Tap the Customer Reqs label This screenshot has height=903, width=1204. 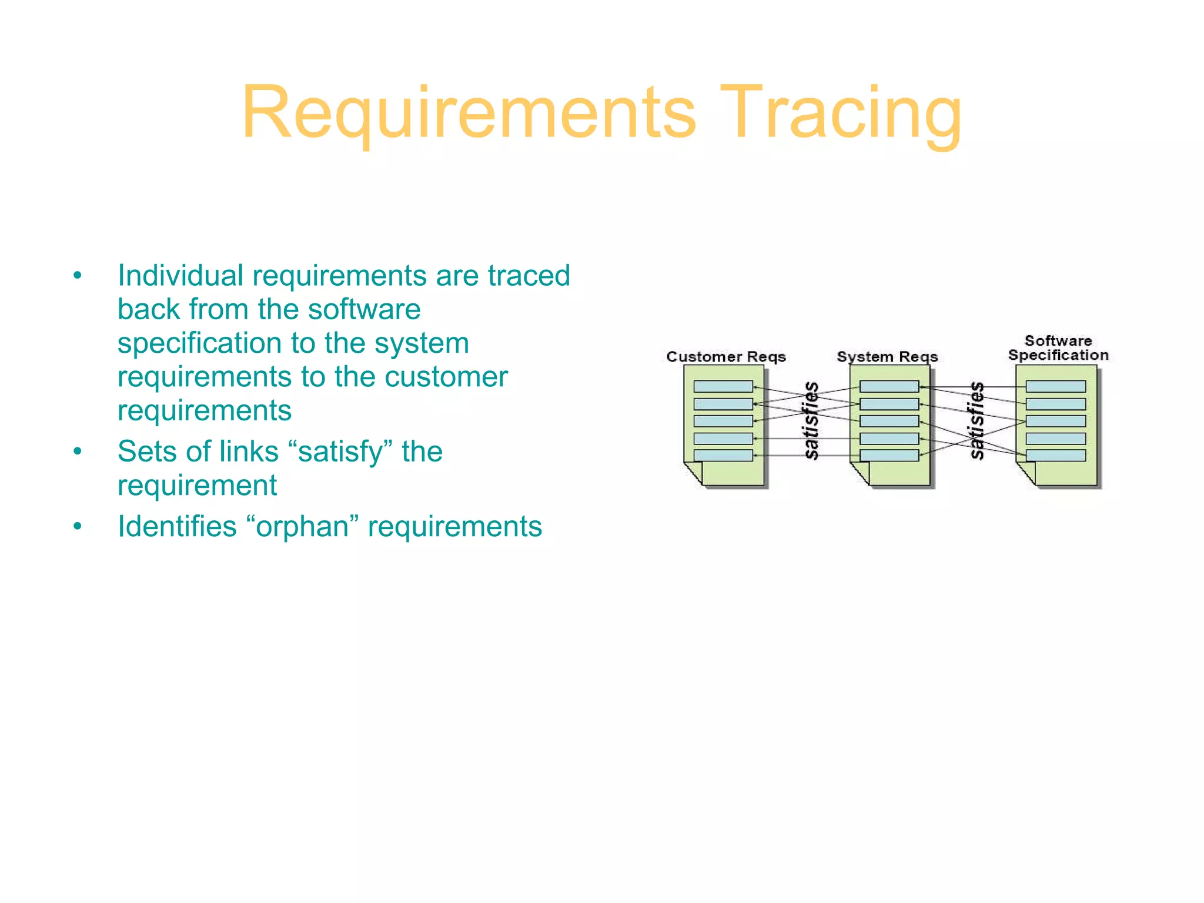point(725,357)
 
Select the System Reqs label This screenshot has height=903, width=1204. point(887,357)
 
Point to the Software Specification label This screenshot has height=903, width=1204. point(1058,348)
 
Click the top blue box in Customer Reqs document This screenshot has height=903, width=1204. point(723,386)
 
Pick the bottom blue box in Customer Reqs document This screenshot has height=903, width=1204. point(723,455)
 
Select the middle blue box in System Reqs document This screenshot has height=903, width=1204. point(889,421)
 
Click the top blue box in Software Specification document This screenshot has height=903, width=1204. point(1055,386)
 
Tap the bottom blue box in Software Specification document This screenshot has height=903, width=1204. point(1055,455)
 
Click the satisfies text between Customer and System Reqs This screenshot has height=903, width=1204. point(811,420)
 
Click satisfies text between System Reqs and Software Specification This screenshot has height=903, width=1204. point(976,420)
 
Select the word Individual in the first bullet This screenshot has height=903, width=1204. point(180,276)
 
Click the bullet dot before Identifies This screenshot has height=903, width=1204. point(78,526)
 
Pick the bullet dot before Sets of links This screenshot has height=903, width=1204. point(78,451)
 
